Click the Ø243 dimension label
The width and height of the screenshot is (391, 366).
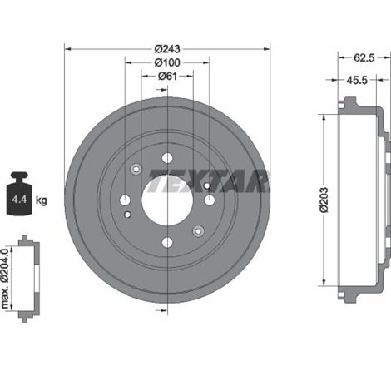pyautogui.click(x=167, y=48)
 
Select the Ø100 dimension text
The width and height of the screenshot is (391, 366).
pyautogui.click(x=167, y=63)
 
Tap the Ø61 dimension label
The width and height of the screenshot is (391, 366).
pyautogui.click(x=167, y=77)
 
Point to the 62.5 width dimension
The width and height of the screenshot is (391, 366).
pyautogui.click(x=362, y=59)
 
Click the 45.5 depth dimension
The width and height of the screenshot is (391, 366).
pyautogui.click(x=359, y=82)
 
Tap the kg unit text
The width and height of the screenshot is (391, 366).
pyautogui.click(x=42, y=200)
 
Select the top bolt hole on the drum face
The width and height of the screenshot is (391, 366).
pyautogui.click(x=167, y=157)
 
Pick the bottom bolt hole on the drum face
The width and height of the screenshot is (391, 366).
pyautogui.click(x=167, y=242)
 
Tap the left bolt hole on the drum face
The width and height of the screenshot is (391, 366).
pyautogui.click(x=125, y=200)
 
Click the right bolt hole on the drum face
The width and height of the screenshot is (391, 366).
pyautogui.click(x=210, y=200)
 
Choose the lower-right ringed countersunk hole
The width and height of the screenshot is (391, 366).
pyautogui.click(x=197, y=230)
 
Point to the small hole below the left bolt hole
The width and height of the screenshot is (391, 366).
pyautogui.click(x=126, y=215)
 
